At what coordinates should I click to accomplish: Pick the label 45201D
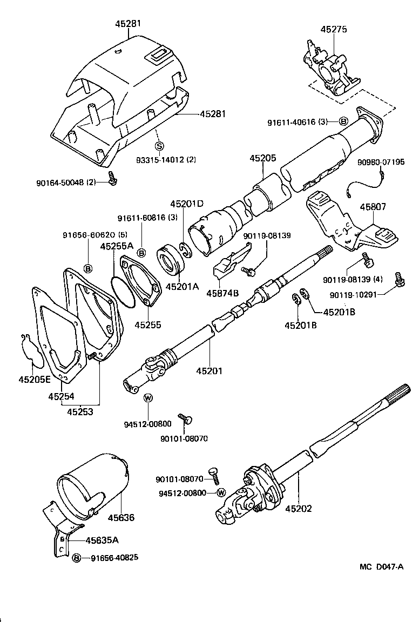pyautogui.click(x=187, y=204)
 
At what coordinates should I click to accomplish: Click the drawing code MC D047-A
pyautogui.click(x=382, y=566)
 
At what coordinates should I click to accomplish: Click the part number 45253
pyautogui.click(x=80, y=413)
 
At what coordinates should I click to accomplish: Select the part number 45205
pyautogui.click(x=263, y=158)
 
